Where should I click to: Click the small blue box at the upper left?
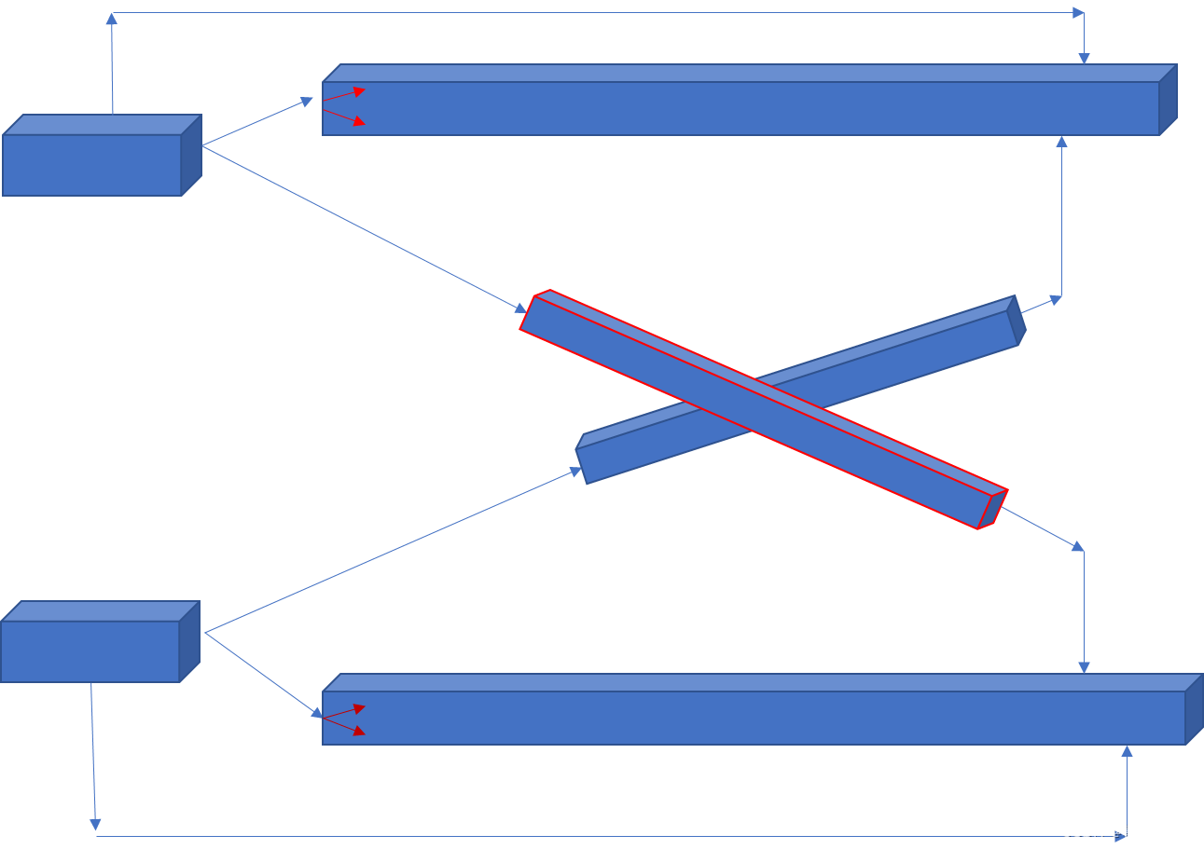pyautogui.click(x=93, y=163)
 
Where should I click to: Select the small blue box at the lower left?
pyautogui.click(x=90, y=650)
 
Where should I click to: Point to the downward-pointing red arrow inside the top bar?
pyautogui.click(x=357, y=120)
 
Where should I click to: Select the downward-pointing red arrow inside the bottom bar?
pyautogui.click(x=357, y=730)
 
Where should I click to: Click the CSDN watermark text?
pyautogui.click(x=1124, y=830)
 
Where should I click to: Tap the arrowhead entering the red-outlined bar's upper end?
pyautogui.click(x=520, y=308)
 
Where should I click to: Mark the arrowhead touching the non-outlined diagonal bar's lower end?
pyautogui.click(x=575, y=472)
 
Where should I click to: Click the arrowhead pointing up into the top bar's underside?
pyautogui.click(x=1061, y=142)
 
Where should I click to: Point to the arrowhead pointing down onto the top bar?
pyautogui.click(x=1084, y=59)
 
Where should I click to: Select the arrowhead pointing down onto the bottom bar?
pyautogui.click(x=1084, y=667)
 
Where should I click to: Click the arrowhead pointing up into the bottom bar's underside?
pyautogui.click(x=1127, y=751)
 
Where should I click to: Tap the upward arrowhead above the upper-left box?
pyautogui.click(x=111, y=19)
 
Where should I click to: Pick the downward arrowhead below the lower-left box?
pyautogui.click(x=95, y=824)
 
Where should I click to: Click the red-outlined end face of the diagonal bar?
pyautogui.click(x=992, y=509)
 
